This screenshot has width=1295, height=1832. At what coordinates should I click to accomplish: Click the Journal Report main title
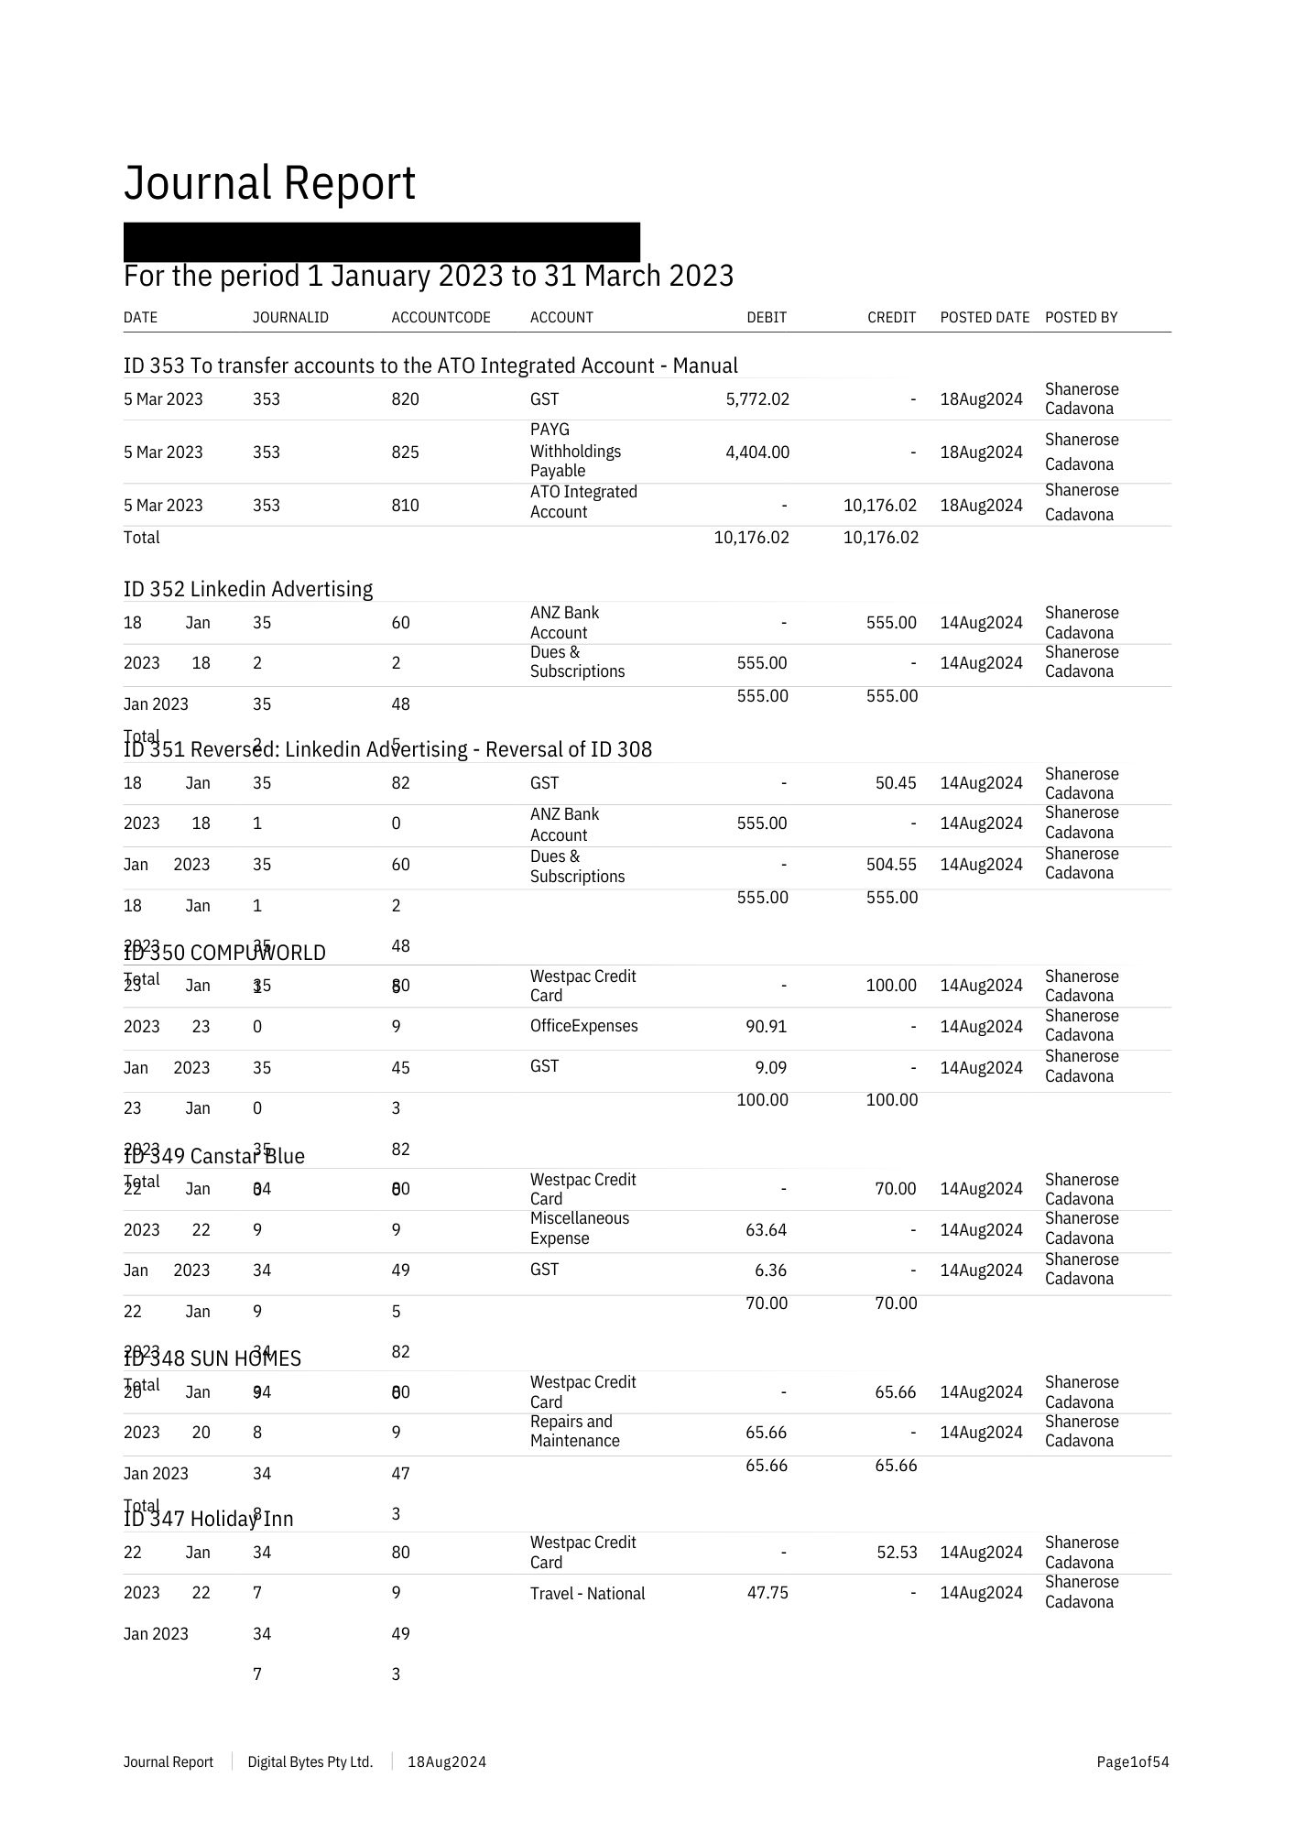tap(269, 183)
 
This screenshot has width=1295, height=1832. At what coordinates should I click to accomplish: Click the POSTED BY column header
tap(1081, 318)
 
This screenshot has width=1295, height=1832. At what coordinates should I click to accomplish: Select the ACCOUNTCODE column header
tap(441, 318)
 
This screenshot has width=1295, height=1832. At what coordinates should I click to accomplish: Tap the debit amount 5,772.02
tap(756, 399)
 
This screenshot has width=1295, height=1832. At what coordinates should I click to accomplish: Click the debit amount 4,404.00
tap(756, 453)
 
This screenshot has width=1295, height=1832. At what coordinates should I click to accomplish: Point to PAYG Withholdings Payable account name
tap(575, 451)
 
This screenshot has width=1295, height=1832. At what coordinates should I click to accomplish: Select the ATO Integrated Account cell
tap(583, 502)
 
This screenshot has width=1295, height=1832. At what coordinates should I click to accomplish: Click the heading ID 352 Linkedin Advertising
tap(248, 589)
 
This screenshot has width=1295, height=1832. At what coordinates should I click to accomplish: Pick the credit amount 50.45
tap(895, 783)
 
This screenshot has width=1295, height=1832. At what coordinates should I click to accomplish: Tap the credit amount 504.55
tap(891, 865)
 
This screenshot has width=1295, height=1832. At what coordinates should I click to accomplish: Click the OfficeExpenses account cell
tap(583, 1026)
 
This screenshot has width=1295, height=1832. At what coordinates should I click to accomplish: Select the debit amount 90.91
tap(766, 1027)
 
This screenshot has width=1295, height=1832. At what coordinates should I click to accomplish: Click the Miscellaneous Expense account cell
tap(579, 1228)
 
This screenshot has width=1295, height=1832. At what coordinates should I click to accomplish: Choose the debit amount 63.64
tap(766, 1230)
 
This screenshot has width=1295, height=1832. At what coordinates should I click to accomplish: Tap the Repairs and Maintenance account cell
tap(574, 1432)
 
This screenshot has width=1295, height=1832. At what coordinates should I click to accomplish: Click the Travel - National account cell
tap(587, 1594)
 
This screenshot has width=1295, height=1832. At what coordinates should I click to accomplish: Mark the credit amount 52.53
tap(895, 1553)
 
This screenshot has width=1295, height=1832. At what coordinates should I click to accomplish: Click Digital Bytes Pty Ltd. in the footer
tap(310, 1762)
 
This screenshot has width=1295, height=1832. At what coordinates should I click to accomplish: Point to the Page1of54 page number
tap(1132, 1762)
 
